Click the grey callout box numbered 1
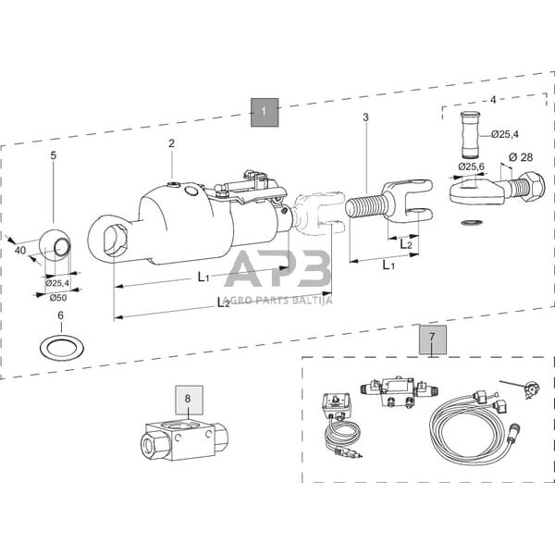tap(264, 112)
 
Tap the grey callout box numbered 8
tap(189, 400)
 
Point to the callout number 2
tap(171, 143)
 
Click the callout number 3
tap(366, 117)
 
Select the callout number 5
tap(54, 155)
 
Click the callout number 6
tap(60, 315)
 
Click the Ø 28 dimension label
tap(521, 157)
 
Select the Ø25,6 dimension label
tap(472, 166)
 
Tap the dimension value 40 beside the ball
tap(20, 250)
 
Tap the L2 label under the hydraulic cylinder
tap(223, 302)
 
